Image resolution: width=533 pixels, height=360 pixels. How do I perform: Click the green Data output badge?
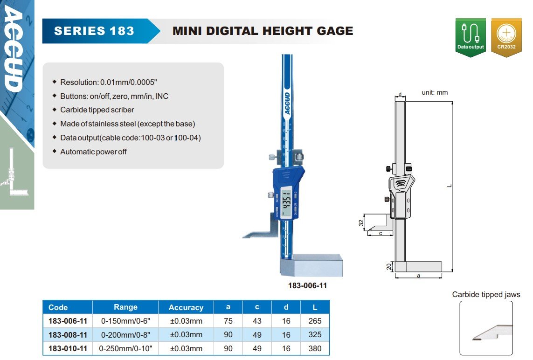[471, 37]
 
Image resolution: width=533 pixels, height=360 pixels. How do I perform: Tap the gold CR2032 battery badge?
[506, 37]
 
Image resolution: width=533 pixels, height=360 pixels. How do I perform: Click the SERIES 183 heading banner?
[101, 31]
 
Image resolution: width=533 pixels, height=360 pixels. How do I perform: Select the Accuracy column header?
[186, 307]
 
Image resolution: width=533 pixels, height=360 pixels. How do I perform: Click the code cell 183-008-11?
[68, 335]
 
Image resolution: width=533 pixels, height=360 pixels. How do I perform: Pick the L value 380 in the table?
[315, 348]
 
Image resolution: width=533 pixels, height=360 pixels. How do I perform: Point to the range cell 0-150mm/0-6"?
[125, 321]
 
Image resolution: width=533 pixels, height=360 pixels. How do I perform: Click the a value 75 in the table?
[228, 321]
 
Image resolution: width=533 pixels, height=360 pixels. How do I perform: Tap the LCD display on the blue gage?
[287, 203]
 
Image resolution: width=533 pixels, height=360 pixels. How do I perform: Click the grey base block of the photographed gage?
[311, 265]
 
